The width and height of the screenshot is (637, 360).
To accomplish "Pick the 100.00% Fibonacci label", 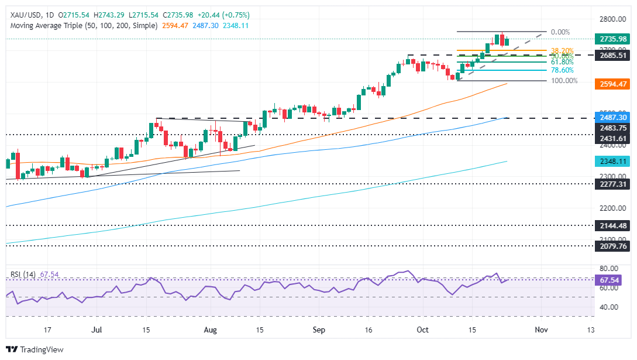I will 564,81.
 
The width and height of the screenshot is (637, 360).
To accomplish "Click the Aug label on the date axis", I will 211,330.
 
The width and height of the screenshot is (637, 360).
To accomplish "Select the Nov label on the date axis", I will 541,330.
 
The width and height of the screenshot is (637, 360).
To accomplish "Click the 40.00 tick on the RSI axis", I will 608,307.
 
